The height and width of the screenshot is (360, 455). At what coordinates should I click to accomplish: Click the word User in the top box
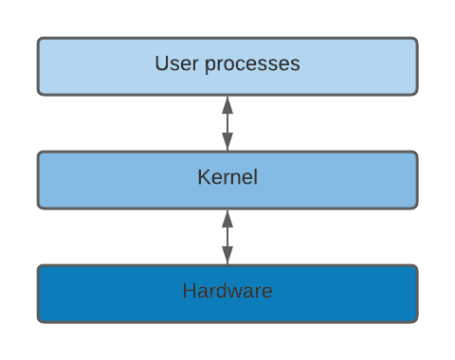[173, 64]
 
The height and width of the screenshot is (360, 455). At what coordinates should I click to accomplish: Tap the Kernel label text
[227, 177]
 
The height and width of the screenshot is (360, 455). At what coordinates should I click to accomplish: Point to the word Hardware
[227, 291]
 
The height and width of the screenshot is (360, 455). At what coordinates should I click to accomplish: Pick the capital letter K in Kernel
[203, 177]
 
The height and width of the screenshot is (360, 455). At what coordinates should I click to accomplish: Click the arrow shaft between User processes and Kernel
[227, 123]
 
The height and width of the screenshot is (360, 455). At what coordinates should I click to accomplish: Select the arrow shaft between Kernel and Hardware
[227, 237]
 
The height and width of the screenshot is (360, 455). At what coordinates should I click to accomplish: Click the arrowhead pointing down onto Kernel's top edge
[227, 144]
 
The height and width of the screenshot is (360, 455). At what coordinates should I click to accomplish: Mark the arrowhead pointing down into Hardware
[227, 258]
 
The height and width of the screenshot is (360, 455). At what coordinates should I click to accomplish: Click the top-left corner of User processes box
[40, 40]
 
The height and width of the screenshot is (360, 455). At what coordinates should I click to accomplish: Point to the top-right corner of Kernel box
[415, 153]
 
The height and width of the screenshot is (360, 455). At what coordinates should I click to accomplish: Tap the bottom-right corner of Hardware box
[415, 320]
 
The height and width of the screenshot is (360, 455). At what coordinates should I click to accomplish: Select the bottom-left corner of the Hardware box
[40, 320]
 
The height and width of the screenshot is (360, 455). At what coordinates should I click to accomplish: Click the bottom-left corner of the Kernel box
[40, 207]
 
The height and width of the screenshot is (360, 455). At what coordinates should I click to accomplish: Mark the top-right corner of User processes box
[415, 40]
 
